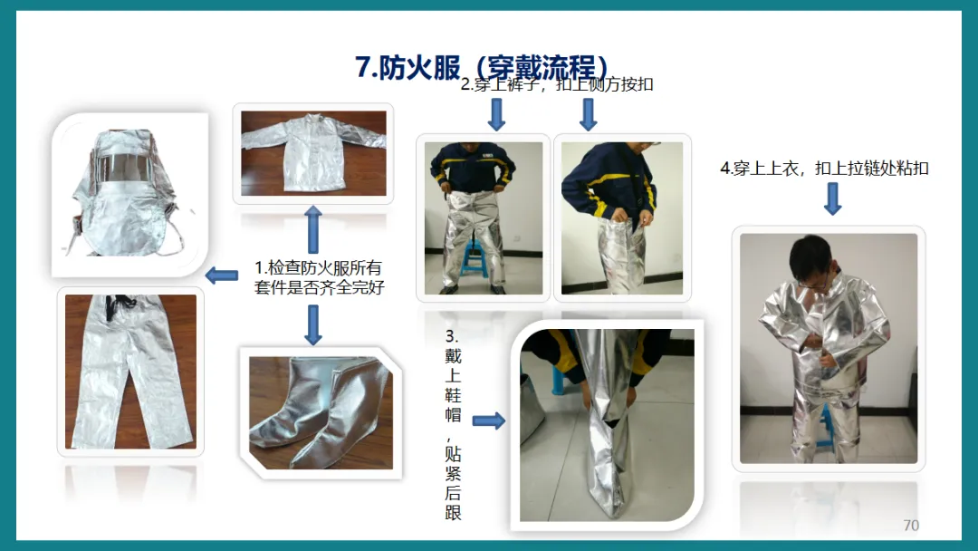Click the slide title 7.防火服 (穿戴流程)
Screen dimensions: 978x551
coord(482,67)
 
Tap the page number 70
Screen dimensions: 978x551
coord(911,526)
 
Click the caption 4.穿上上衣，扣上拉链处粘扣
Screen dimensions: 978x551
coord(825,169)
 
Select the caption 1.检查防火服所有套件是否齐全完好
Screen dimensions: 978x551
coord(319,277)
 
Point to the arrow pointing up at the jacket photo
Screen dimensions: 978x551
coord(313,229)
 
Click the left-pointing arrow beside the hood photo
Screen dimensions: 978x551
coord(222,275)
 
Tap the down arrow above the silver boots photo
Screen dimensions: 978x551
coord(313,324)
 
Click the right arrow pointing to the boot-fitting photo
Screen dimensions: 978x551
coord(488,421)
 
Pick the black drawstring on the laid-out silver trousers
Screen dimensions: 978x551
coord(120,306)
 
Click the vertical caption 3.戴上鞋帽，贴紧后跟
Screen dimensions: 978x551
coord(453,424)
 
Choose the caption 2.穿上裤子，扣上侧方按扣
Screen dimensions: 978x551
coord(556,84)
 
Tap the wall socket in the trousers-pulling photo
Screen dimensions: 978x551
coord(516,237)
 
